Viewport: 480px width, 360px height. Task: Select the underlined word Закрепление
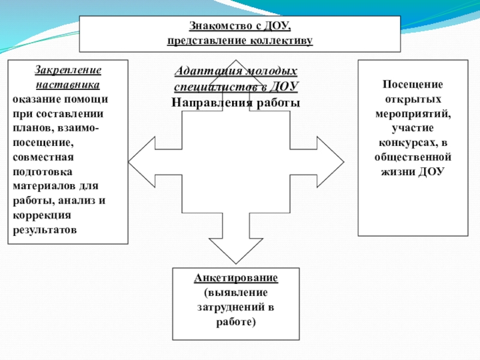(x=68, y=70)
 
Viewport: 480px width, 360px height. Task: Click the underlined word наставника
(x=68, y=84)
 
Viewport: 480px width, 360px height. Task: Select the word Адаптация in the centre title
(x=200, y=71)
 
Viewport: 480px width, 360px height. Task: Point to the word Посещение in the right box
(x=412, y=85)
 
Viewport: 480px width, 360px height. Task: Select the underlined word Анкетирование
(x=235, y=278)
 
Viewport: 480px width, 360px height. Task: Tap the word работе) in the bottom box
(x=236, y=322)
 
